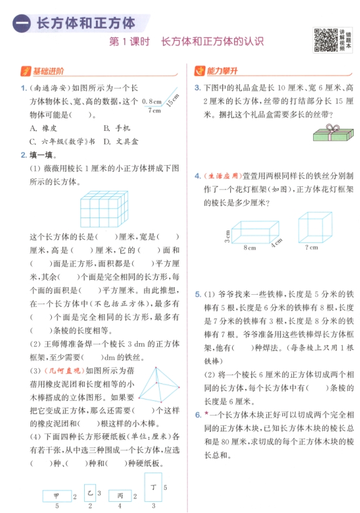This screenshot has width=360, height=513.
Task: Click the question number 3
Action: click(x=197, y=88)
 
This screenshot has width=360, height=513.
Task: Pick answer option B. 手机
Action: click(x=117, y=128)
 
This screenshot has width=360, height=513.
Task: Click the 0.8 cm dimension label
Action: click(x=151, y=101)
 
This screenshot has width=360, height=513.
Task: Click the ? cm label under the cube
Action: click(x=311, y=247)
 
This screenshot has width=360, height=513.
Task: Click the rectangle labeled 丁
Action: click(x=153, y=486)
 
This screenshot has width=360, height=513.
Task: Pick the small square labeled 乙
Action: click(x=90, y=492)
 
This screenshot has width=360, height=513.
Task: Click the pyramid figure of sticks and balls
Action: click(x=158, y=391)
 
